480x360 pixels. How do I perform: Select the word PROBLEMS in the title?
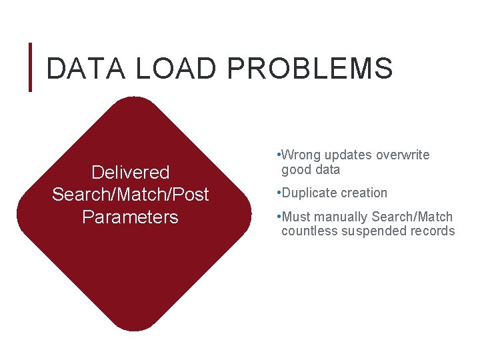309,69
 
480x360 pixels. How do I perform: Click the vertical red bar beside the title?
30,67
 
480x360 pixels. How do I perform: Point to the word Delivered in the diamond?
131,173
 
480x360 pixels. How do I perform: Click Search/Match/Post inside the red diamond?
131,195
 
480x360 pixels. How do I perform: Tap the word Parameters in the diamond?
131,217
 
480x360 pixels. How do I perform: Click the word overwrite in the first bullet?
403,155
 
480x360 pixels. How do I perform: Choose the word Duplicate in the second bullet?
309,193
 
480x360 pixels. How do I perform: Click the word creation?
363,193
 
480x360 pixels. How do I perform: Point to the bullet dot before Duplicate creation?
277,193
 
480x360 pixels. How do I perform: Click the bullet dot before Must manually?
277,217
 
